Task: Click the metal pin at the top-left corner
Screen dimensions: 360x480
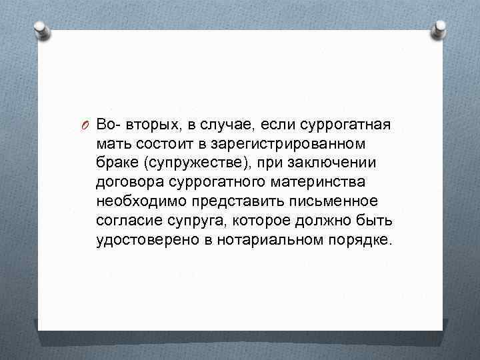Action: (x=40, y=29)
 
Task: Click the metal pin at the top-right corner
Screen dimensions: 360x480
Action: (x=441, y=28)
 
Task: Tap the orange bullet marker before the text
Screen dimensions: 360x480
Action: (x=87, y=125)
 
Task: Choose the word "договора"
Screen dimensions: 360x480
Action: (x=128, y=182)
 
